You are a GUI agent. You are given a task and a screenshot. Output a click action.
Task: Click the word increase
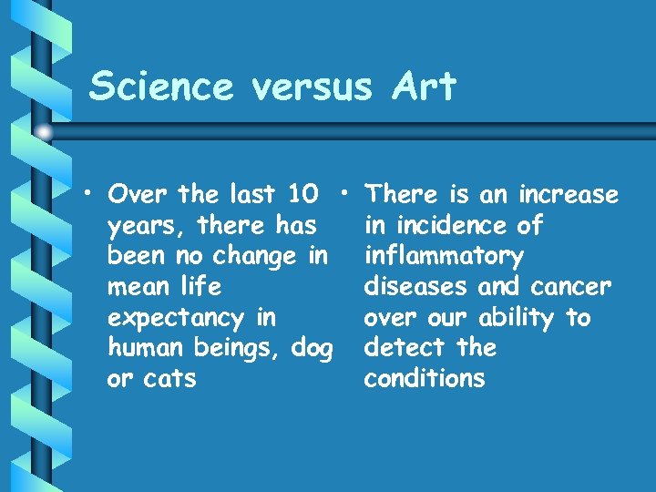(x=568, y=195)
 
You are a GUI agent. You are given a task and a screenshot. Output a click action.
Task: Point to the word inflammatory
(x=443, y=256)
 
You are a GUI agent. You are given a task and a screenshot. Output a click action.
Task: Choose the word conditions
(x=424, y=379)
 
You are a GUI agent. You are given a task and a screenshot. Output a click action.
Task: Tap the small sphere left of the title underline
(x=45, y=133)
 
